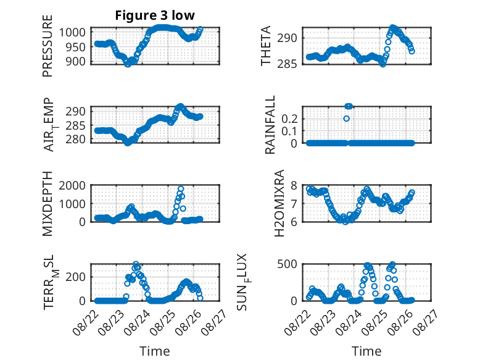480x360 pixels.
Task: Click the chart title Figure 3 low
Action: pyautogui.click(x=155, y=15)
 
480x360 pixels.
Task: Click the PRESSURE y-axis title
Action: pyautogui.click(x=48, y=46)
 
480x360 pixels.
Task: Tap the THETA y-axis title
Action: pyautogui.click(x=266, y=46)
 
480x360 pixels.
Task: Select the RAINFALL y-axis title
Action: pyautogui.click(x=270, y=125)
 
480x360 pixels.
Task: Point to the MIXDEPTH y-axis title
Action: pyautogui.click(x=48, y=203)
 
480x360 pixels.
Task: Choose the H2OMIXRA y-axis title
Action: pyautogui.click(x=279, y=203)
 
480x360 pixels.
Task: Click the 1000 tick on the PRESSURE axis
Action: pyautogui.click(x=72, y=32)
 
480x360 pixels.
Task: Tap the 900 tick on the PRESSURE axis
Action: pyautogui.click(x=76, y=61)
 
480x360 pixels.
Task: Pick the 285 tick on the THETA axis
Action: pyautogui.click(x=288, y=64)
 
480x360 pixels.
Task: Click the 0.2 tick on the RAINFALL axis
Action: pyautogui.click(x=289, y=119)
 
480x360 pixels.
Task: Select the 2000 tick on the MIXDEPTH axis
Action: pyautogui.click(x=72, y=185)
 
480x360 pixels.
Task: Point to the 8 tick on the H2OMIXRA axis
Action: pyautogui.click(x=294, y=185)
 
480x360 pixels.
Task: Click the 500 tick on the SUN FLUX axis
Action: pyautogui.click(x=288, y=264)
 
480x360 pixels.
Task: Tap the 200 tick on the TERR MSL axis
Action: pyautogui.click(x=76, y=277)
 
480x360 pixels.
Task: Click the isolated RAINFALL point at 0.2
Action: pyautogui.click(x=346, y=119)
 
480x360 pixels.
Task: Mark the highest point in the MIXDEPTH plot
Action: pyautogui.click(x=181, y=189)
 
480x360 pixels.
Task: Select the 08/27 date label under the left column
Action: pyautogui.click(x=214, y=322)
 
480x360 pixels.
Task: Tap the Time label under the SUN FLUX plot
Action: pyautogui.click(x=366, y=351)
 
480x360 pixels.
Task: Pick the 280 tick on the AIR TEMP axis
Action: pyautogui.click(x=76, y=139)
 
